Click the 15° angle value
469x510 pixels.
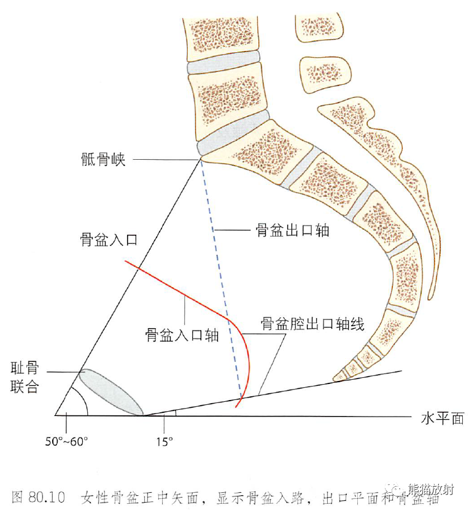165,441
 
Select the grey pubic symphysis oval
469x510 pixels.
111,391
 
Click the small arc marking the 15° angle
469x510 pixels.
176,412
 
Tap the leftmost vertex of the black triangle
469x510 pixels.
55,416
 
